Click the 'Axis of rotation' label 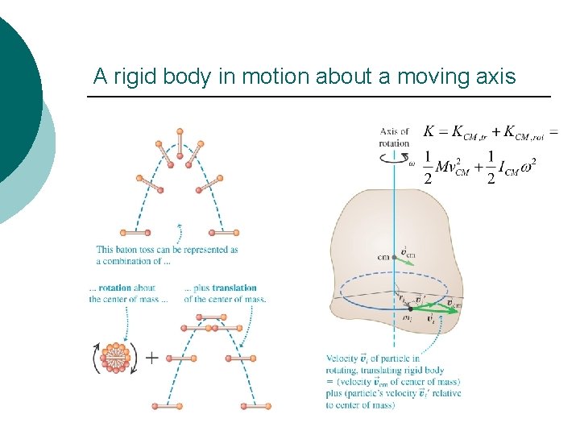coord(394,137)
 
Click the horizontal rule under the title coord(318,97)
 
